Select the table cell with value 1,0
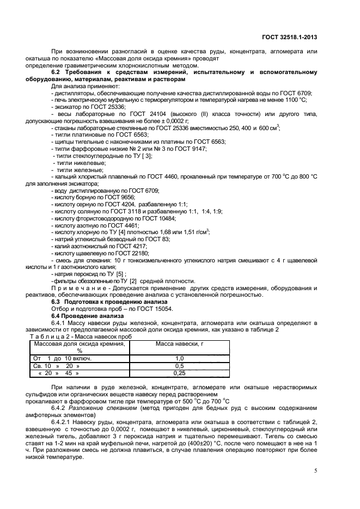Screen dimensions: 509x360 point(180,358)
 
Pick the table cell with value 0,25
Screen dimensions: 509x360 point(180,373)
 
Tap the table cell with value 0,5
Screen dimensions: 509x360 point(180,365)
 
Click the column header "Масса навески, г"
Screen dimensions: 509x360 point(180,344)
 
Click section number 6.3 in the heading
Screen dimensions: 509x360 point(57,301)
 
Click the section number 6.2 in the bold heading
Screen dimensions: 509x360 point(57,72)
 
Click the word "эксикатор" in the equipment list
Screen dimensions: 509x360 point(68,107)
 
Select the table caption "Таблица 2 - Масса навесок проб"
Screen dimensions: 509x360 point(78,336)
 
